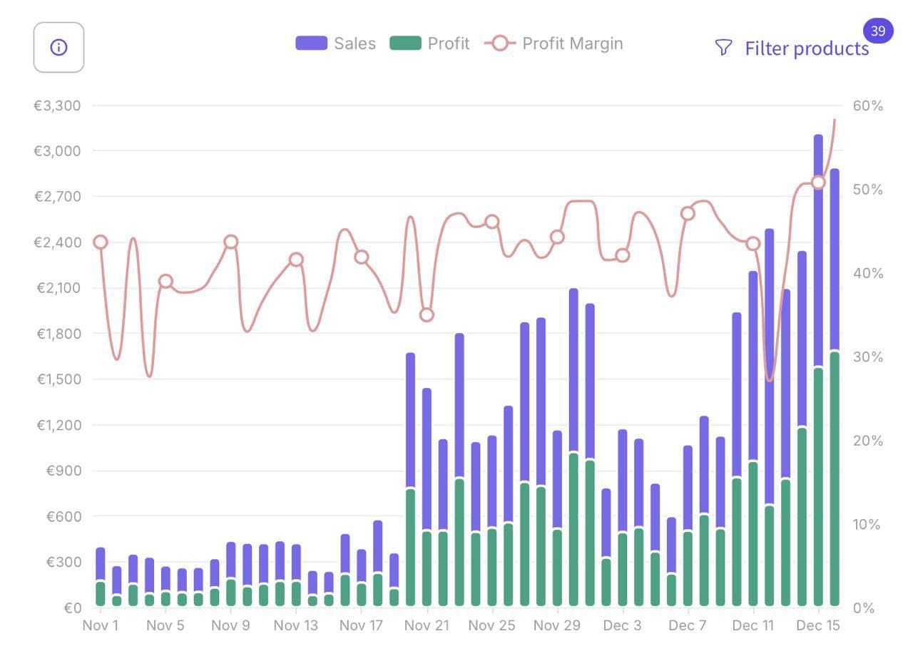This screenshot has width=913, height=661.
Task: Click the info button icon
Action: click(x=58, y=47)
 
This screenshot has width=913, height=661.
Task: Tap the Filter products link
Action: click(x=806, y=48)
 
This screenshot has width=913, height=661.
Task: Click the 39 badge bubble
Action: click(x=878, y=31)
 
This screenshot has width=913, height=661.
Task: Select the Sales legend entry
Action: click(x=335, y=43)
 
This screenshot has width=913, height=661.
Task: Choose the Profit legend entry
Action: click(x=429, y=43)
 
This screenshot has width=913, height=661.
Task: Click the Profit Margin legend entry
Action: click(x=554, y=43)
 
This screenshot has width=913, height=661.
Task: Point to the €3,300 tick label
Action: click(x=57, y=106)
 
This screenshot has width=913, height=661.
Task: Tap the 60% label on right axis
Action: click(x=867, y=106)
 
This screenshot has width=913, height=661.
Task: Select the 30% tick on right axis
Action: click(x=867, y=357)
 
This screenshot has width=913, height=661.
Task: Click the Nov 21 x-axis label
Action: click(x=427, y=625)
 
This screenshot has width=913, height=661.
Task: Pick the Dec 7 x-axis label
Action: click(x=688, y=625)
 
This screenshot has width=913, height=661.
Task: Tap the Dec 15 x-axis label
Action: click(x=818, y=625)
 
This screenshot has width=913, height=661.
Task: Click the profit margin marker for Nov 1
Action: click(x=101, y=242)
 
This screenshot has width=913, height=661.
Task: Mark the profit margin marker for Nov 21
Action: click(x=427, y=314)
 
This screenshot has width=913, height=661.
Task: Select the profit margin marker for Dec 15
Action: click(x=818, y=183)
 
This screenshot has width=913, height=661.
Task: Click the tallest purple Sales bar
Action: click(x=818, y=250)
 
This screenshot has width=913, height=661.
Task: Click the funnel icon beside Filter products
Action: click(x=723, y=48)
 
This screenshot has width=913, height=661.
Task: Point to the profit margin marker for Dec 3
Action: click(x=623, y=255)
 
